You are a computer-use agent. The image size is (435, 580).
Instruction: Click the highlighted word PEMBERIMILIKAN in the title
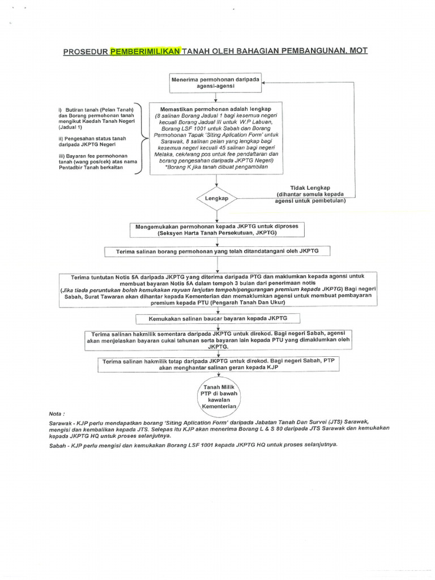point(146,51)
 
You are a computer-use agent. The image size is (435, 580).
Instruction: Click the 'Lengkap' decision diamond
point(217,199)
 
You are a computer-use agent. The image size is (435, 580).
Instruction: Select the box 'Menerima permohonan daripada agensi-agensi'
point(215,84)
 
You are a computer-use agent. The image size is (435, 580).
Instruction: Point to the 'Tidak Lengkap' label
point(310,187)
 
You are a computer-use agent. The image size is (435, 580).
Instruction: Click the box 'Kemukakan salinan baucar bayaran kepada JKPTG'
point(218,318)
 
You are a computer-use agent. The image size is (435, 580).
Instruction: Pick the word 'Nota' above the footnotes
point(57,413)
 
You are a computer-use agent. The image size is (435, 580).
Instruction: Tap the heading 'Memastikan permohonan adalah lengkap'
point(216,108)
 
